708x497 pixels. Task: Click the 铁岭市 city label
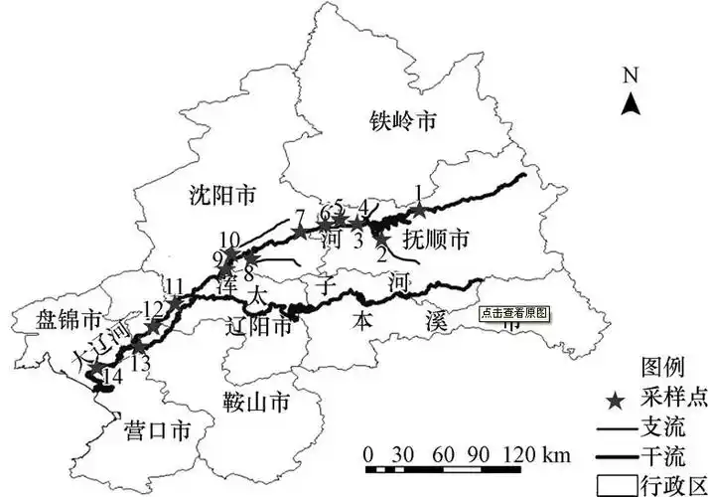pos(402,122)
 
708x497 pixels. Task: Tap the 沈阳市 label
pos(221,195)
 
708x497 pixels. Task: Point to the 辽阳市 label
pos(261,324)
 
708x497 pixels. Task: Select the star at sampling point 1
pos(420,210)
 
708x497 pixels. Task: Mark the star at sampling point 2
pos(381,237)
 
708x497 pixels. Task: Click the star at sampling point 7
pos(300,232)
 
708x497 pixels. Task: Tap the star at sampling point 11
pos(175,301)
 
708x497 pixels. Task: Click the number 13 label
pos(140,364)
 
